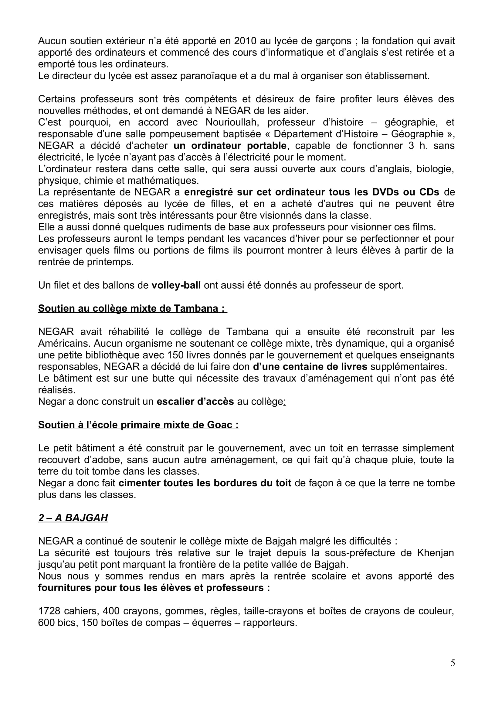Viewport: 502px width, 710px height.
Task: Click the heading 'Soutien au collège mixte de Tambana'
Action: (132, 309)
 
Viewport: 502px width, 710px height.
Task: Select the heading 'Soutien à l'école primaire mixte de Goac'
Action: (138, 425)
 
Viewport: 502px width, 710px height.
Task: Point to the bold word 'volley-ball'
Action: (176, 285)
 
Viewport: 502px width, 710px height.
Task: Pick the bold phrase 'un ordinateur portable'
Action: (230, 146)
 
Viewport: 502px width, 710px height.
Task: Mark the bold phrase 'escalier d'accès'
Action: (195, 402)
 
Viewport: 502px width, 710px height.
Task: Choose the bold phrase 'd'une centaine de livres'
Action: (310, 367)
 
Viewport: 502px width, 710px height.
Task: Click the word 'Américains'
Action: (64, 344)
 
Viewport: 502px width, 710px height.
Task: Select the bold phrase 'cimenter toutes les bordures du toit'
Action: (205, 483)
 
